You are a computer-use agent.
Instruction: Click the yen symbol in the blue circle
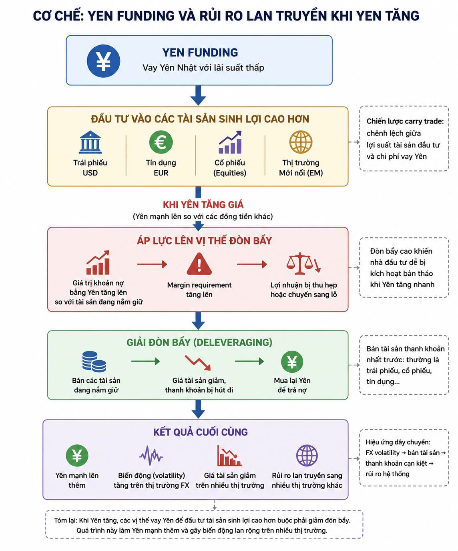click(x=103, y=61)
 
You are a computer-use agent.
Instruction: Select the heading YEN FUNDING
click(x=200, y=52)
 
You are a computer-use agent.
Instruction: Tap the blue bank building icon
click(x=90, y=142)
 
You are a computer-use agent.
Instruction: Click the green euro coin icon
click(x=161, y=142)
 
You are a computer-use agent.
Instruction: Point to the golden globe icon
click(x=301, y=142)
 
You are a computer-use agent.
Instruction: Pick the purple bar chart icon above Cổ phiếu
click(x=230, y=142)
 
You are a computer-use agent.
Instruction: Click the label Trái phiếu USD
click(x=90, y=168)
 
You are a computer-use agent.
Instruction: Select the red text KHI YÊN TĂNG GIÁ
click(x=203, y=204)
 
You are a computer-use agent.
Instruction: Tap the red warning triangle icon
click(x=199, y=264)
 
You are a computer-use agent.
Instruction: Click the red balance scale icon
click(x=303, y=263)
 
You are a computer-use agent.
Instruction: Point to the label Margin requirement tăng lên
click(x=199, y=289)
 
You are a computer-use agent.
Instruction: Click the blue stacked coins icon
click(x=94, y=361)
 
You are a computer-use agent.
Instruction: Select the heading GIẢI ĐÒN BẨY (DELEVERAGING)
click(x=199, y=342)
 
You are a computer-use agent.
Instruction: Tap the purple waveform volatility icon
click(x=151, y=456)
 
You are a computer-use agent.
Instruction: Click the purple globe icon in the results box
click(x=307, y=455)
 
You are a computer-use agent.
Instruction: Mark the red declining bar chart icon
click(x=229, y=456)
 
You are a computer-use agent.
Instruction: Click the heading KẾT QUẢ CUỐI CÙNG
click(x=201, y=432)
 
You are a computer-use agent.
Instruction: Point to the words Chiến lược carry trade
click(x=405, y=121)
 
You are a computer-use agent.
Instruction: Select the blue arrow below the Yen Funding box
click(x=198, y=95)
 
